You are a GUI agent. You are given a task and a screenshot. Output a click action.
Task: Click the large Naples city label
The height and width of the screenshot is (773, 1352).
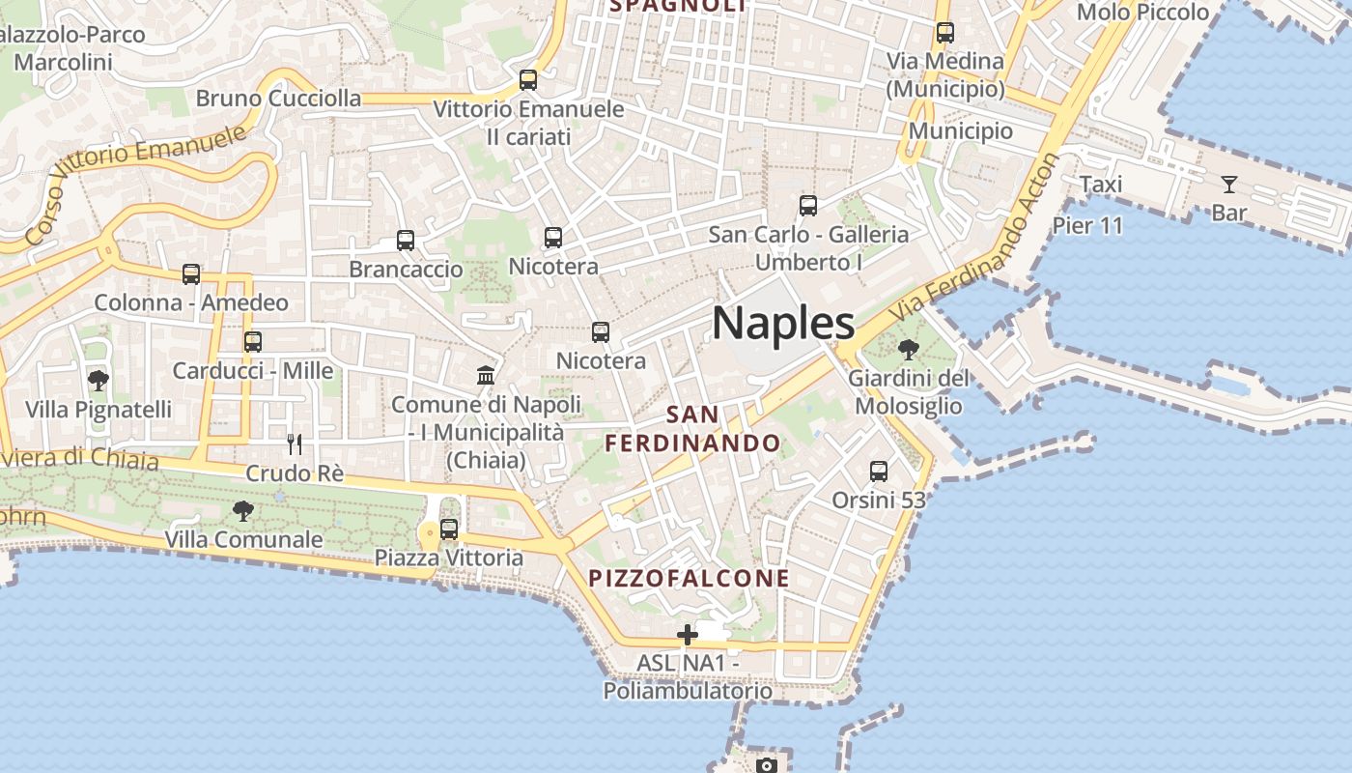click(x=783, y=323)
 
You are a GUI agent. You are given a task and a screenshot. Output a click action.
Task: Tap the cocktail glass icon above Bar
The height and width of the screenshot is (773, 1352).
click(x=1229, y=185)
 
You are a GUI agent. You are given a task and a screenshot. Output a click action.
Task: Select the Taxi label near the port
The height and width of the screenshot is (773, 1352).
click(x=1101, y=185)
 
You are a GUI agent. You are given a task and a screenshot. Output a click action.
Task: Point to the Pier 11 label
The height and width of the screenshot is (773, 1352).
click(x=1087, y=226)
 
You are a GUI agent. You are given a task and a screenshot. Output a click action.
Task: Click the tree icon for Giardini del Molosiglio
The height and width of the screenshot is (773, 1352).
click(x=908, y=349)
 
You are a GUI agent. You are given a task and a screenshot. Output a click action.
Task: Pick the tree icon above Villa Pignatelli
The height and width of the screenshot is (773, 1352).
click(x=98, y=380)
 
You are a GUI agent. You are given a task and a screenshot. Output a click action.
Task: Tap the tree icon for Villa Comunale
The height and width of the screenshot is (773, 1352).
click(x=243, y=510)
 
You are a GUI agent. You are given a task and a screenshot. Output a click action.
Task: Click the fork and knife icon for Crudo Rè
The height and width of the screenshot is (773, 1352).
click(x=295, y=444)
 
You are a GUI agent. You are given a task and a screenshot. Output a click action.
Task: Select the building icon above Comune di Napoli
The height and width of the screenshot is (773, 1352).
click(x=486, y=375)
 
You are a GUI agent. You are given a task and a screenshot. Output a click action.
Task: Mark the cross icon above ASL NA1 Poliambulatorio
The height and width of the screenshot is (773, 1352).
click(x=688, y=635)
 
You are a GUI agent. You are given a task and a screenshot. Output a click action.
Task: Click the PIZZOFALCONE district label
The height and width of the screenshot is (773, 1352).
click(x=690, y=579)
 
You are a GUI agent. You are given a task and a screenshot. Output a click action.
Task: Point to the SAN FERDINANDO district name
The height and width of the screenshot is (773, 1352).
click(x=692, y=429)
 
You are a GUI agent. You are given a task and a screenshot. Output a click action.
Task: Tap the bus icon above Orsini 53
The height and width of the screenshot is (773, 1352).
click(x=879, y=471)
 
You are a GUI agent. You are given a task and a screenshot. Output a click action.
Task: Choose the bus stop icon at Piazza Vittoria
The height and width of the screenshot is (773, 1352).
click(x=449, y=529)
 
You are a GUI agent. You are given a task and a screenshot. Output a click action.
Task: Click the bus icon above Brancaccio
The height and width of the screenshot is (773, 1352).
click(x=406, y=240)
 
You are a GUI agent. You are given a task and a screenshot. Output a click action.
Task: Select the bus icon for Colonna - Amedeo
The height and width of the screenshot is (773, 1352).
click(x=191, y=274)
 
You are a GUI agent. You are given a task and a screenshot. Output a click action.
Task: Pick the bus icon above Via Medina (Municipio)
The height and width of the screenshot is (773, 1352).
click(x=945, y=33)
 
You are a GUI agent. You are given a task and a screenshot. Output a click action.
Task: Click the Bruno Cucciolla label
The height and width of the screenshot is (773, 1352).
click(x=278, y=99)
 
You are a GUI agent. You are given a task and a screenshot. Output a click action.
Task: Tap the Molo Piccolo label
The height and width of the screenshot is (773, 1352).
click(x=1142, y=13)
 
